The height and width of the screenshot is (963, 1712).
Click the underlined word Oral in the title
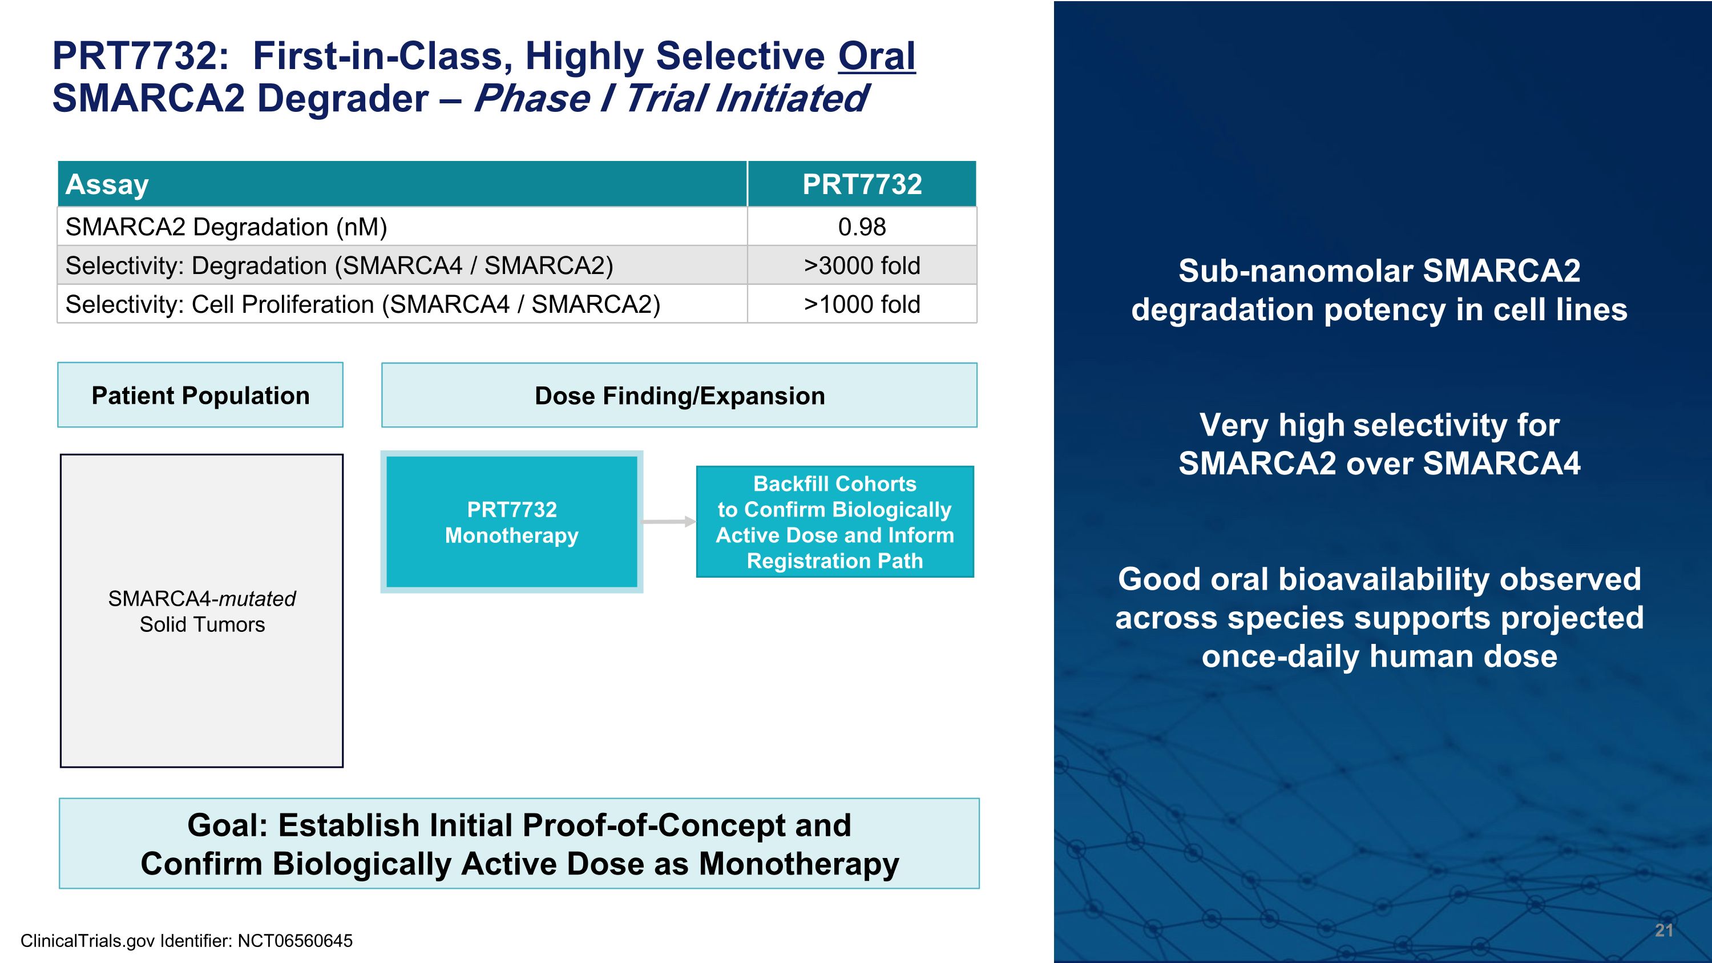click(x=876, y=56)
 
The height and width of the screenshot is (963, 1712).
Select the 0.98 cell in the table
click(x=861, y=227)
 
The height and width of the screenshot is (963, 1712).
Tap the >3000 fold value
click(x=861, y=266)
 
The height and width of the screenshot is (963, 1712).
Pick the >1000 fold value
click(x=861, y=304)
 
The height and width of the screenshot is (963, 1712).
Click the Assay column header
click(x=107, y=184)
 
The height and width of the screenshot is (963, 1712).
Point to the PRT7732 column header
click(x=861, y=184)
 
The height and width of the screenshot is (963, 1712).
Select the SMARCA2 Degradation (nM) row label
click(x=226, y=227)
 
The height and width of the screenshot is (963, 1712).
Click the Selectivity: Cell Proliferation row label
click(x=362, y=304)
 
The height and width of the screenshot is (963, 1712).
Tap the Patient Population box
click(x=200, y=396)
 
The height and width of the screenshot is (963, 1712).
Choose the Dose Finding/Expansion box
click(x=679, y=396)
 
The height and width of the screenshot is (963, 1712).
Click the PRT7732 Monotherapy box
click(x=511, y=522)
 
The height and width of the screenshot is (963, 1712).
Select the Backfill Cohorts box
click(x=835, y=522)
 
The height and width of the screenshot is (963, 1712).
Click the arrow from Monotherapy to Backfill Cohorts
click(x=668, y=522)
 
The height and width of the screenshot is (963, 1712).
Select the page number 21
click(x=1663, y=930)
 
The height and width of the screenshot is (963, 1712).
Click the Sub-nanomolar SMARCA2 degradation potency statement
click(x=1379, y=291)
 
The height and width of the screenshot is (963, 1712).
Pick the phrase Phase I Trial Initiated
click(x=670, y=98)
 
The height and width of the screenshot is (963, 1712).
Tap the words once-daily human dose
click(x=1379, y=656)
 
